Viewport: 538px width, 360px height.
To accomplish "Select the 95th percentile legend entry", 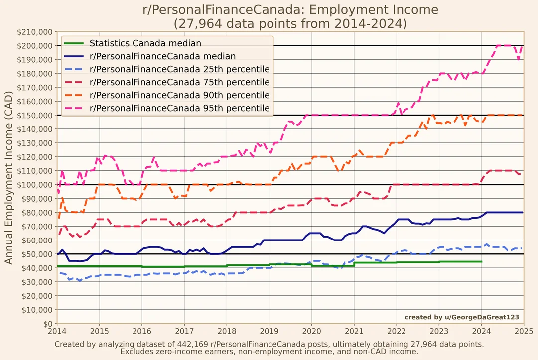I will point(179,108).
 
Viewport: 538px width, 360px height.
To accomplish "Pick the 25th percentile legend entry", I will point(179,69).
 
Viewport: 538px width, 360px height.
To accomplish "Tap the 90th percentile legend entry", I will point(179,95).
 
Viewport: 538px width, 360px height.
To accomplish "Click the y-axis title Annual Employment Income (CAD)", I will point(9,178).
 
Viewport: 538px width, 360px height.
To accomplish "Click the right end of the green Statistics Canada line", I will point(481,261).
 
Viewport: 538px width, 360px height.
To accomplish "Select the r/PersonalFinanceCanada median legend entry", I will point(162,56).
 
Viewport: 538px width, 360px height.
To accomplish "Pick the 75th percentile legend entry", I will point(179,82).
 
